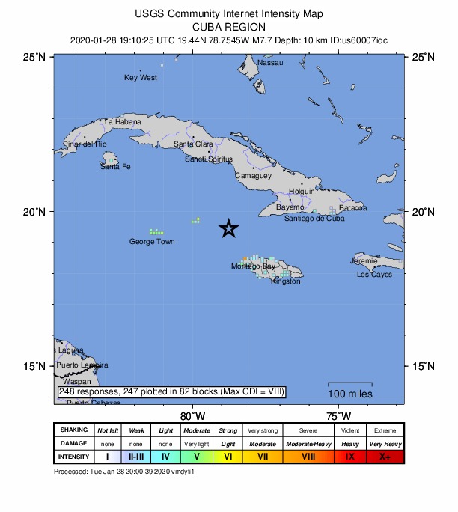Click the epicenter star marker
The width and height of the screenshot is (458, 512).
point(229,229)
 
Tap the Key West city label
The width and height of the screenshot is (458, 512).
point(141,77)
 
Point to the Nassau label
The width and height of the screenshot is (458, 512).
point(270,63)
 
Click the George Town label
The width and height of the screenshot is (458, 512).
point(152,242)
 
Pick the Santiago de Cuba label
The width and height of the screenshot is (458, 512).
point(314,219)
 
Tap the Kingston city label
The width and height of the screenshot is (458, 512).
point(286,281)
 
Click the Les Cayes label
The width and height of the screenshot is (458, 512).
point(374,275)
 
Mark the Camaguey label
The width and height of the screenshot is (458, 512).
point(253,176)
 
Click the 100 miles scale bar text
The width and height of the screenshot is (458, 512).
point(349,394)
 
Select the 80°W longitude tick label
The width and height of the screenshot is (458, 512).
point(192,416)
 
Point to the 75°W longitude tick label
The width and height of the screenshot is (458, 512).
point(338,416)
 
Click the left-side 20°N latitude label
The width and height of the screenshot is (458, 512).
point(37,212)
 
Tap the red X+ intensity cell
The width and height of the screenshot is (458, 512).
point(385,456)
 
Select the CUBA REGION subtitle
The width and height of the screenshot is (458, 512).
point(230,26)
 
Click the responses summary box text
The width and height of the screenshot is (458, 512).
point(171,391)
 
